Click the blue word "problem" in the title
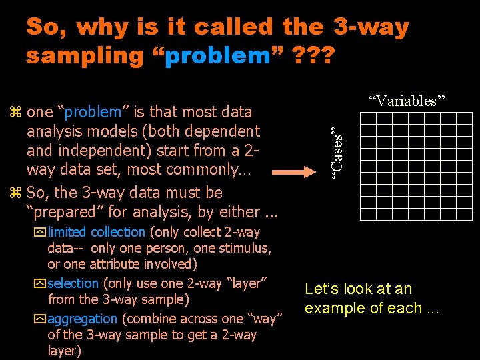pos(217,56)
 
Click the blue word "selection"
pos(73,283)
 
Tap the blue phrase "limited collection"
pos(97,232)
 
